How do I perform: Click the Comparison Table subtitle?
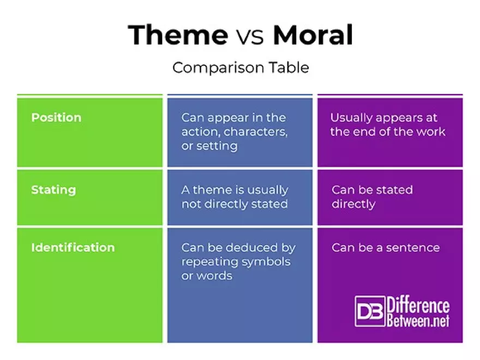click(241, 68)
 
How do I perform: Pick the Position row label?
click(56, 118)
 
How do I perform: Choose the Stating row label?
click(53, 190)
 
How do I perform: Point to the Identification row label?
click(73, 247)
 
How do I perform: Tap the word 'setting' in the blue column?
click(217, 146)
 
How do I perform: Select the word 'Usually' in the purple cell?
click(351, 118)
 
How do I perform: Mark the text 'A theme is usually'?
click(235, 190)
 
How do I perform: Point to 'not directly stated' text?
click(235, 204)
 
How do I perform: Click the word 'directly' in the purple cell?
click(353, 204)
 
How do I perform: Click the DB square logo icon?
click(370, 311)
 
